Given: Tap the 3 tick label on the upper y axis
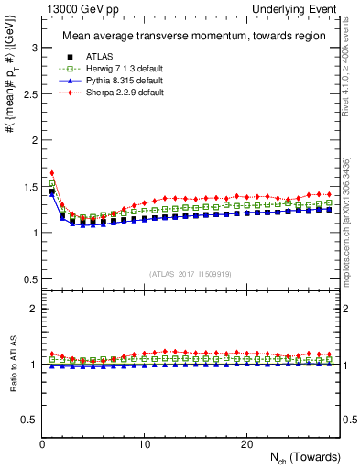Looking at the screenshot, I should pyautogui.click(x=31, y=47).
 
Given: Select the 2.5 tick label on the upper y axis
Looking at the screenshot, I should pyautogui.click(x=27, y=93).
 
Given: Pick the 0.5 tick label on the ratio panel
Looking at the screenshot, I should pyautogui.click(x=27, y=420).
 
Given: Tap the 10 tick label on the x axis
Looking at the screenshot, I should pyautogui.click(x=144, y=444).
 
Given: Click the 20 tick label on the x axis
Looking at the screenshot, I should pyautogui.click(x=245, y=444).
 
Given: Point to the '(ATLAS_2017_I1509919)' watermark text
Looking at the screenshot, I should pyautogui.click(x=191, y=273).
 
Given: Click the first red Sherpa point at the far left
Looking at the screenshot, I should pyautogui.click(x=52, y=172).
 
